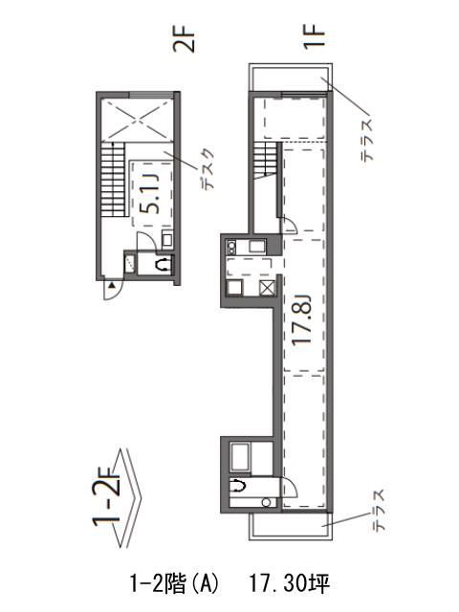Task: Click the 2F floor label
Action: coord(184,39)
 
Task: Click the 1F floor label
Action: coord(315,35)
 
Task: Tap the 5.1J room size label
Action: coord(150,193)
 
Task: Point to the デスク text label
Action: coord(207,169)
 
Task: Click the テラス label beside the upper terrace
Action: coord(367,141)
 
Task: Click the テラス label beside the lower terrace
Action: coord(379,510)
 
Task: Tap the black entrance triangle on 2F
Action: coord(112,286)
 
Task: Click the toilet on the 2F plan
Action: coord(163,265)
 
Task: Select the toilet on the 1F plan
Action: coord(237,486)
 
